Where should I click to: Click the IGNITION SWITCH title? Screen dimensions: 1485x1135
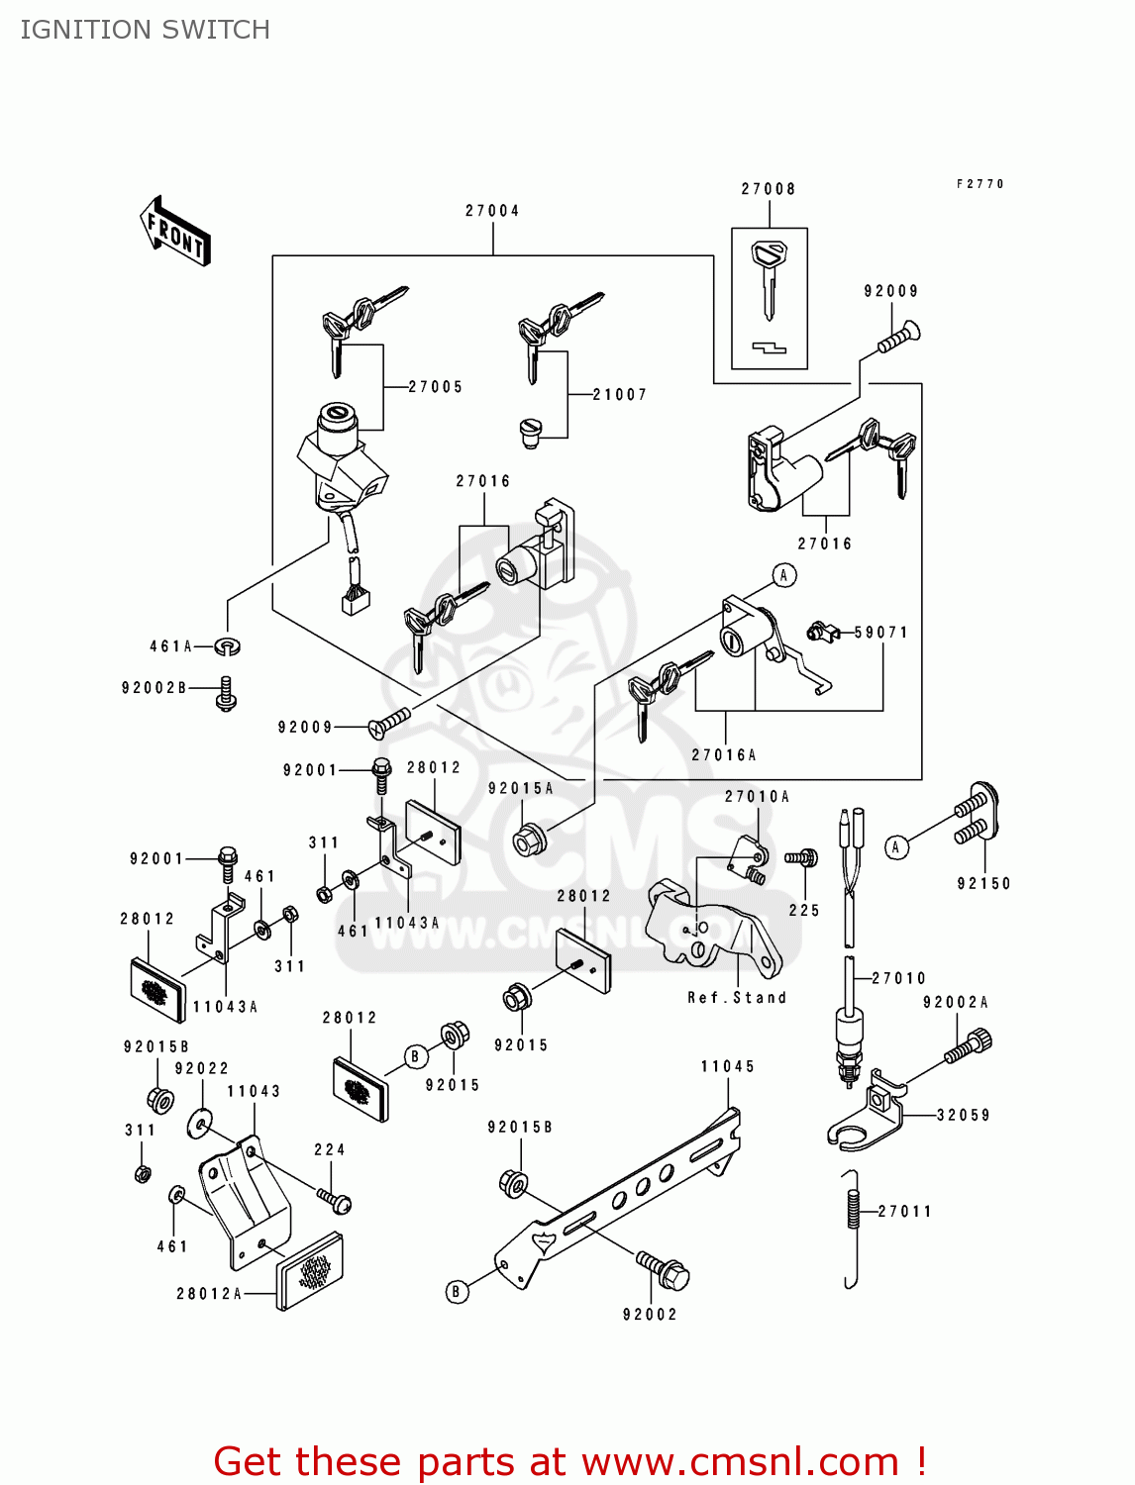point(145,30)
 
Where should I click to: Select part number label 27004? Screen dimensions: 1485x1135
point(492,211)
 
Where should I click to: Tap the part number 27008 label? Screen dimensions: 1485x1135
point(769,189)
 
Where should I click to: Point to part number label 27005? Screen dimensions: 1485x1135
point(436,387)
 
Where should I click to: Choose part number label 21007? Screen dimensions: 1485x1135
point(620,395)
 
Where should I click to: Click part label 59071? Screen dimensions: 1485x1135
point(881,633)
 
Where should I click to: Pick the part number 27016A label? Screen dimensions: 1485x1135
point(724,755)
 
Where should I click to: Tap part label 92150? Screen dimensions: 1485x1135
point(983,884)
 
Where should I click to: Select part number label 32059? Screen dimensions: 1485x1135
point(963,1116)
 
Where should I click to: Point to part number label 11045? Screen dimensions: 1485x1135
point(728,1067)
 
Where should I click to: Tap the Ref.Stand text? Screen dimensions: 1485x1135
point(737,998)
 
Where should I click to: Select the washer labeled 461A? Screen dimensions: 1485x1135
point(228,646)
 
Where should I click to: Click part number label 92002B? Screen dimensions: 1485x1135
point(155,688)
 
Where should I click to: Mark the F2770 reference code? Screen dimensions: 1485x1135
point(980,184)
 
